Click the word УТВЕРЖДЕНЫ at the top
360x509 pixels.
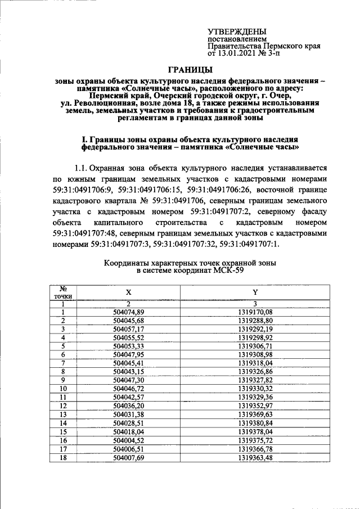(237, 33)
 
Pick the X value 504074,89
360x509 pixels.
(129, 312)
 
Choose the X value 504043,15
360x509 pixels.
(129, 372)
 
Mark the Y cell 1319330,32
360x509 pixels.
(255, 389)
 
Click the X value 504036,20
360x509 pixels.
(129, 406)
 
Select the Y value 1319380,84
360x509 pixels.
(255, 423)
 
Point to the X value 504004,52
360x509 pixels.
(129, 440)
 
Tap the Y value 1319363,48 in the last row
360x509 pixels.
(255, 458)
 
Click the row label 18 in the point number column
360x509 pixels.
(64, 458)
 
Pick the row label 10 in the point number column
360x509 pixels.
(64, 389)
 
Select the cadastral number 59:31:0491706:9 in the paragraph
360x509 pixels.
(82, 190)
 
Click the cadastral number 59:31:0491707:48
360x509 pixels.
(89, 234)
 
